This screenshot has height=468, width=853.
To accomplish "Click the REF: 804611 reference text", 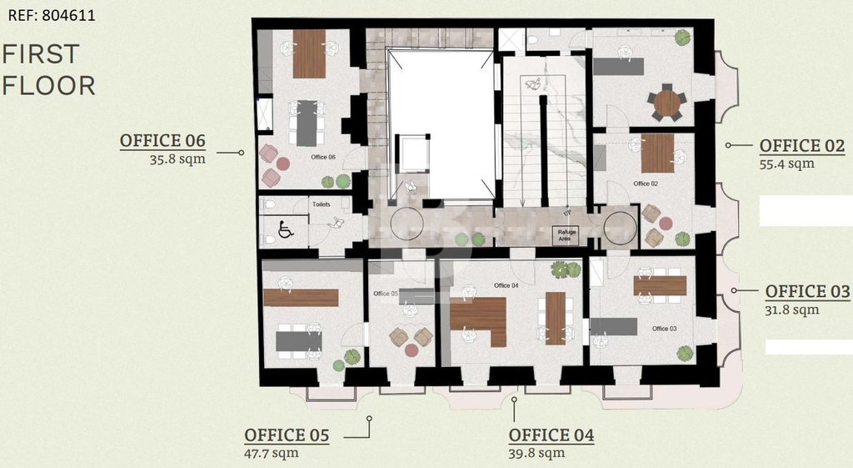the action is pos(52,15).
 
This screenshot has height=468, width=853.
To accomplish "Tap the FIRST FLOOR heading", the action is pos(49,70).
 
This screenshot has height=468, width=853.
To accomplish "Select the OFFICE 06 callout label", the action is pos(162,140).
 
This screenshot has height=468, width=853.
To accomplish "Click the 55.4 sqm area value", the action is pos(786,164).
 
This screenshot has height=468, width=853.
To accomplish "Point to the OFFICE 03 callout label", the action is pos(807,291).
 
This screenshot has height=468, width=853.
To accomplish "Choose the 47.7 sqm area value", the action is pos(272,453).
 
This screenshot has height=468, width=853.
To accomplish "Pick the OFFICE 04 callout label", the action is pos(551,435).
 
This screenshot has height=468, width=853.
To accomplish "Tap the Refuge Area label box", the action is pos(565,235).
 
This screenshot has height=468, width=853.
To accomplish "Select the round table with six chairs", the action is pos(667,103).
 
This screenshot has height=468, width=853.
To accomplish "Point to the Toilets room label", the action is pos(321,204).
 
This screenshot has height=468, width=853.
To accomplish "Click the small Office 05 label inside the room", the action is pos(386,294).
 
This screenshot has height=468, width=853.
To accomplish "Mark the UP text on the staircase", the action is pos(567,213).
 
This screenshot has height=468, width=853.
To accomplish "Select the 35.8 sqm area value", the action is pos(178,159).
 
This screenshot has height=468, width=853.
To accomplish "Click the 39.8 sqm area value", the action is pos(536,453).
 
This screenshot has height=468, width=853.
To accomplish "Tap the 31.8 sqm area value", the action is pos(792,310).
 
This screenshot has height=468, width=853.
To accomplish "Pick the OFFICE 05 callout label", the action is pos(287,435).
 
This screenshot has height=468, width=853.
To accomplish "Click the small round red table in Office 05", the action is pos(412,350).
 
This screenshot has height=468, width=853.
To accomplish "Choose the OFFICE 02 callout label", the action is pos(802,145).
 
